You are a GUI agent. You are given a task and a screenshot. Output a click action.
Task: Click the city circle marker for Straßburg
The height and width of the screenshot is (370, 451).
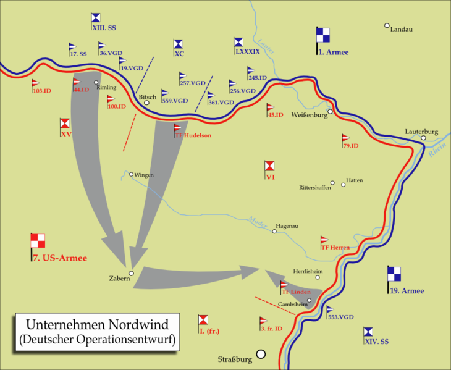point(261,354)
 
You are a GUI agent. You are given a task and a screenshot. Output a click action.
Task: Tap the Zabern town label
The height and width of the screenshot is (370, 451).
point(119,279)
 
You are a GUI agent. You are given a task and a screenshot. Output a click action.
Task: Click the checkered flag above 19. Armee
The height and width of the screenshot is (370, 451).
point(394,274)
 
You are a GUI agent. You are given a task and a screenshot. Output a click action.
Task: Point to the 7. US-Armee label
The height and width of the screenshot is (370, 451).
point(59,258)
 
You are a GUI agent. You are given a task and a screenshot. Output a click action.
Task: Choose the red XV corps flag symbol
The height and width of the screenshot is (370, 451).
point(65,124)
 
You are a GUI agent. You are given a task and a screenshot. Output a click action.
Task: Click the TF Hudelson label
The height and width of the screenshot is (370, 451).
point(193,135)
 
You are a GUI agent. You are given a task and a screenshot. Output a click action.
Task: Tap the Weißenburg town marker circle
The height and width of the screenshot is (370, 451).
point(331,112)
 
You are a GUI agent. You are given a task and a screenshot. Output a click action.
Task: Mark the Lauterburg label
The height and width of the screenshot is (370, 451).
point(421,132)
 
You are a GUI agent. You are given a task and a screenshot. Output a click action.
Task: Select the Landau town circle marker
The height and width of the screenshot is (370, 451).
point(387,26)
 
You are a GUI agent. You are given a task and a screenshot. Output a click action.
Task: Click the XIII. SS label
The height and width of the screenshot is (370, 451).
point(103,28)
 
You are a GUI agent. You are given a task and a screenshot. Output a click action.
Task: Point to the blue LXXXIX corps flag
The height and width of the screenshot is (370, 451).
point(238,42)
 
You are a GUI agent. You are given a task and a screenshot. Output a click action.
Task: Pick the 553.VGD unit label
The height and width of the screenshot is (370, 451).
point(340,317)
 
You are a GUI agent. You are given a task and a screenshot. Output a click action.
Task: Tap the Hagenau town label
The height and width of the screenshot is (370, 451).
point(287,226)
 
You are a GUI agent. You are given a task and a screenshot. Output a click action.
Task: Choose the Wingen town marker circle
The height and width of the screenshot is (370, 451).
point(131,174)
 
